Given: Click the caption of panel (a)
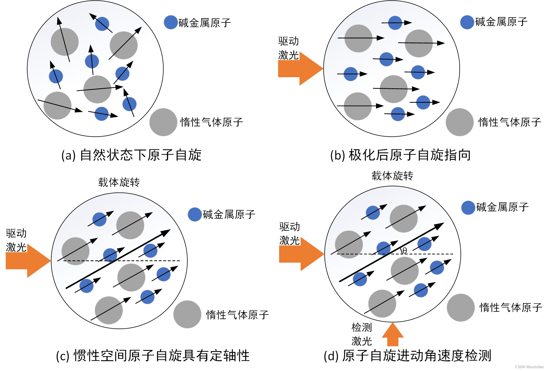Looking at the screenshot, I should (131, 155).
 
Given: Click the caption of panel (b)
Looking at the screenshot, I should (400, 155).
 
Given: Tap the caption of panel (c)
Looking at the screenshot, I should (153, 356).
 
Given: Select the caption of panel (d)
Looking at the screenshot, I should (407, 356).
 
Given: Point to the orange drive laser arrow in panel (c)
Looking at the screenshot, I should (27, 261).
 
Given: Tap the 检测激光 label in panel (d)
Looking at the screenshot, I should (361, 334).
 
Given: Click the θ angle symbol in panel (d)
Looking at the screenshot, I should (405, 250).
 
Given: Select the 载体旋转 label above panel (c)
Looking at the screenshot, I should (119, 182).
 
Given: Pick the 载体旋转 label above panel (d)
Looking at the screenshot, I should (392, 176).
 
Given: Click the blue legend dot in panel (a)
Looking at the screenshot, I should (171, 22).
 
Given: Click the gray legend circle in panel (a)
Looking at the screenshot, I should (163, 122).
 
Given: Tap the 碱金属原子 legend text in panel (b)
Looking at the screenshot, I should (501, 22).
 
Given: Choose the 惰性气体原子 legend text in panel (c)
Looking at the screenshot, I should (237, 315).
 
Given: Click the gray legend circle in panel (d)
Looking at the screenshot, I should (461, 308).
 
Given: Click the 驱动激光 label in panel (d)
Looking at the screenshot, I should (290, 233).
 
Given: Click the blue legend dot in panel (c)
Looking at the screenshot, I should (195, 214).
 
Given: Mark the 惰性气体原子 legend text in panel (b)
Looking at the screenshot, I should (510, 122).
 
